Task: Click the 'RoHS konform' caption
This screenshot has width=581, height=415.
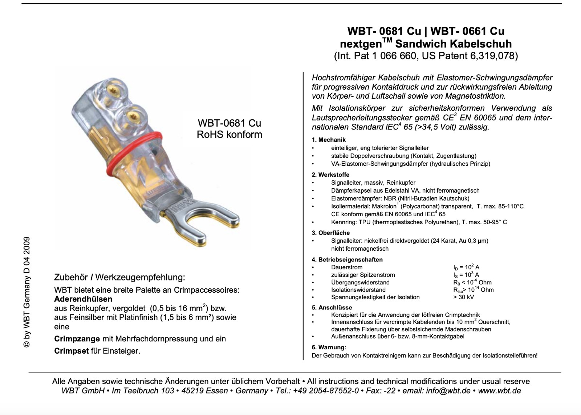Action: [229, 135]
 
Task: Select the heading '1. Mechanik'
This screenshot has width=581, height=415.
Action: [329, 140]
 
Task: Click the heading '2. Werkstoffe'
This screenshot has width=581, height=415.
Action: [330, 174]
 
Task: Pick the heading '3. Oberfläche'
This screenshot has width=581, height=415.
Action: [331, 233]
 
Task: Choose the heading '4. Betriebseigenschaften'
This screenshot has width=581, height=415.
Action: [347, 259]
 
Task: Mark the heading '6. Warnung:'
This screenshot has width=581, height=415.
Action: [329, 348]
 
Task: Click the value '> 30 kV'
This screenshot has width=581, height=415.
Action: [463, 297]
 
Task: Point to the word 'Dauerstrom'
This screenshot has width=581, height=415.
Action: [347, 267]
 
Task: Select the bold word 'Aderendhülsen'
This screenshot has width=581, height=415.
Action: [83, 299]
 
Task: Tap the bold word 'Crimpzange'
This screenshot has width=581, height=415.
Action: [77, 339]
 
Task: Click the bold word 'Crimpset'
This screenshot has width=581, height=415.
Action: [72, 351]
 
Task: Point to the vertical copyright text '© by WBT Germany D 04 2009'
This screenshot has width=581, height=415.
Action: [27, 292]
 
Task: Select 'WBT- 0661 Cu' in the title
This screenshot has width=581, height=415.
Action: [468, 31]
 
